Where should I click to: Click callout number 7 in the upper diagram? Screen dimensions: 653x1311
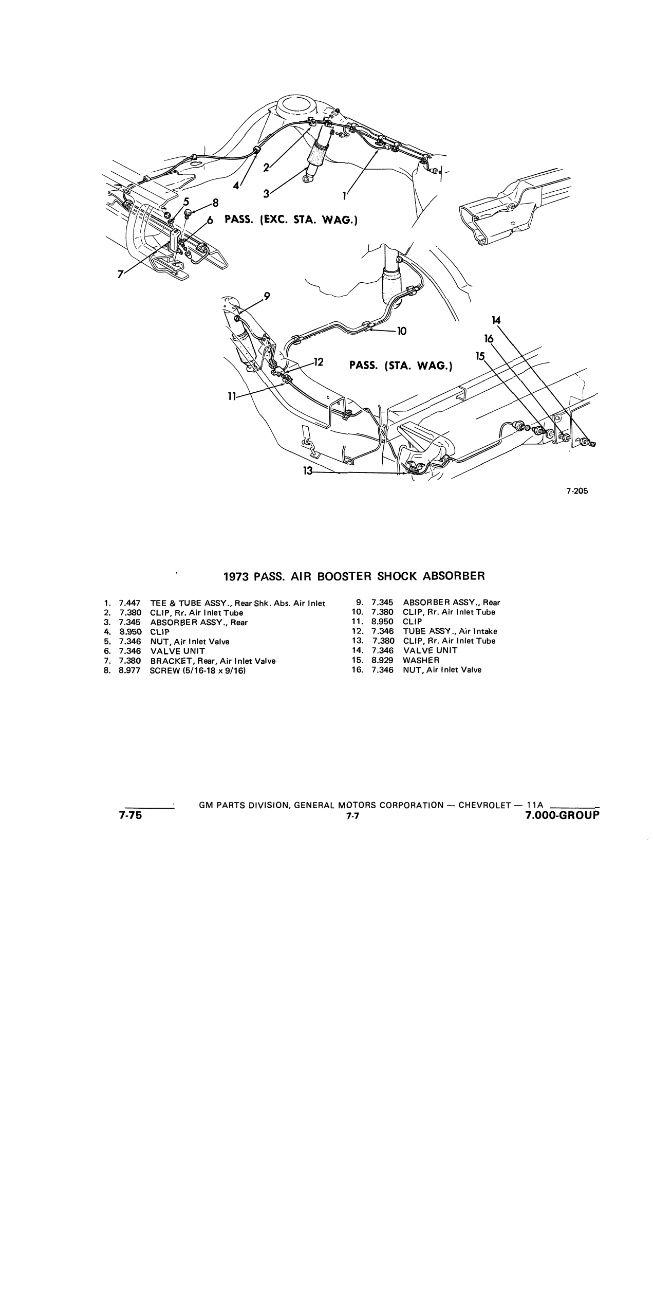click(120, 275)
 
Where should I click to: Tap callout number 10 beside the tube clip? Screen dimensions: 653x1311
click(402, 331)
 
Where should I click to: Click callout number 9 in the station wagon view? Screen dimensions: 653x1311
click(267, 296)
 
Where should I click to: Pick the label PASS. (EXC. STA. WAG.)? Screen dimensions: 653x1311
click(291, 220)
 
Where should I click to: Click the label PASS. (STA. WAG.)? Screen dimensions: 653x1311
click(400, 366)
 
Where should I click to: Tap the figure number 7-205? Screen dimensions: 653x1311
click(577, 491)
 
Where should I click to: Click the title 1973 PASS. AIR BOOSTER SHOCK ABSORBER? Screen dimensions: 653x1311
click(354, 576)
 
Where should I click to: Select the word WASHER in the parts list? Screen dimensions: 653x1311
click(421, 660)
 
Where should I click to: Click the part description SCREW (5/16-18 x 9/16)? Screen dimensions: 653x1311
click(197, 670)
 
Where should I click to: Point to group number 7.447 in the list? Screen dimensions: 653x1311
click(129, 603)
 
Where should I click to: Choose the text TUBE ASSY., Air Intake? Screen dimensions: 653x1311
click(450, 631)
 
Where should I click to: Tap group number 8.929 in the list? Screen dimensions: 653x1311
click(383, 660)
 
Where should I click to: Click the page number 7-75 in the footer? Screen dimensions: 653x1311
click(130, 816)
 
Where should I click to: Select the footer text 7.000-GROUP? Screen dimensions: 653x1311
click(563, 816)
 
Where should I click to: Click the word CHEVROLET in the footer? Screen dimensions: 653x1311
click(482, 805)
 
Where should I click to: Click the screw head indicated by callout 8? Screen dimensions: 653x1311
click(187, 211)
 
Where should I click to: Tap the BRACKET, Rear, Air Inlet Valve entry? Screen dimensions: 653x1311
click(213, 661)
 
